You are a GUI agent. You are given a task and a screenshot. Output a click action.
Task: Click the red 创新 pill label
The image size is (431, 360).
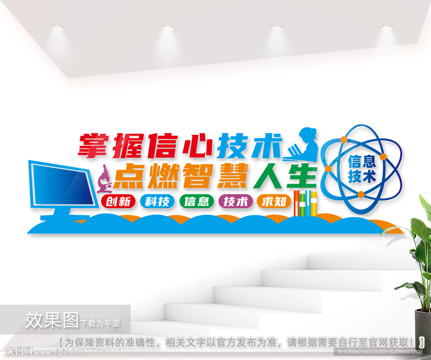tap(118, 201)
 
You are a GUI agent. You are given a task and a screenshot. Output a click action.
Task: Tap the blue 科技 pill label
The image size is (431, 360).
tap(157, 201)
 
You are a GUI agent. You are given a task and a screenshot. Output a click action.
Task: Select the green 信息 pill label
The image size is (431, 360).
tap(197, 201)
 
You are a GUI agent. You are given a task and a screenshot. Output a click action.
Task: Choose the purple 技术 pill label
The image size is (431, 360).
tap(236, 201)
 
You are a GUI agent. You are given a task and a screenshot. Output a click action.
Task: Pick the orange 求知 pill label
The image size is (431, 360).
tap(274, 201)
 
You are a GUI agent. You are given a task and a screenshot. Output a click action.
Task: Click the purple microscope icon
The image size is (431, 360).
tap(104, 179)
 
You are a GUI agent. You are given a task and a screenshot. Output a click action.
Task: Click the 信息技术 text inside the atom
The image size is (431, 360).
tap(362, 169)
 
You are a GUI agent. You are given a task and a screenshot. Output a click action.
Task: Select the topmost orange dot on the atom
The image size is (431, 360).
tap(344, 140)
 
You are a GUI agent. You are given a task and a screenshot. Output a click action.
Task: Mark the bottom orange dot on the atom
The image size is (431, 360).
tap(361, 195)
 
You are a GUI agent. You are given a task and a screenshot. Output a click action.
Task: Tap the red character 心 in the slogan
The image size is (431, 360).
tap(197, 146)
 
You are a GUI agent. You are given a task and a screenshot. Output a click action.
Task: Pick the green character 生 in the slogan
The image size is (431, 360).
tap(301, 176)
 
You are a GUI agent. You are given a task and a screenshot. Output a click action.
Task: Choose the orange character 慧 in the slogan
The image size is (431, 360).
tap(232, 176)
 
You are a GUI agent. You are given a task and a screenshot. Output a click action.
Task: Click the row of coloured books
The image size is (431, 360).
tap(306, 203)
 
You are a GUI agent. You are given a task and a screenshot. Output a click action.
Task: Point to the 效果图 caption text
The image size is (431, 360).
tap(52, 320)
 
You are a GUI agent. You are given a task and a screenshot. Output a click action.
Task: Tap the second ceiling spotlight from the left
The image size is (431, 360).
tap(168, 28)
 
